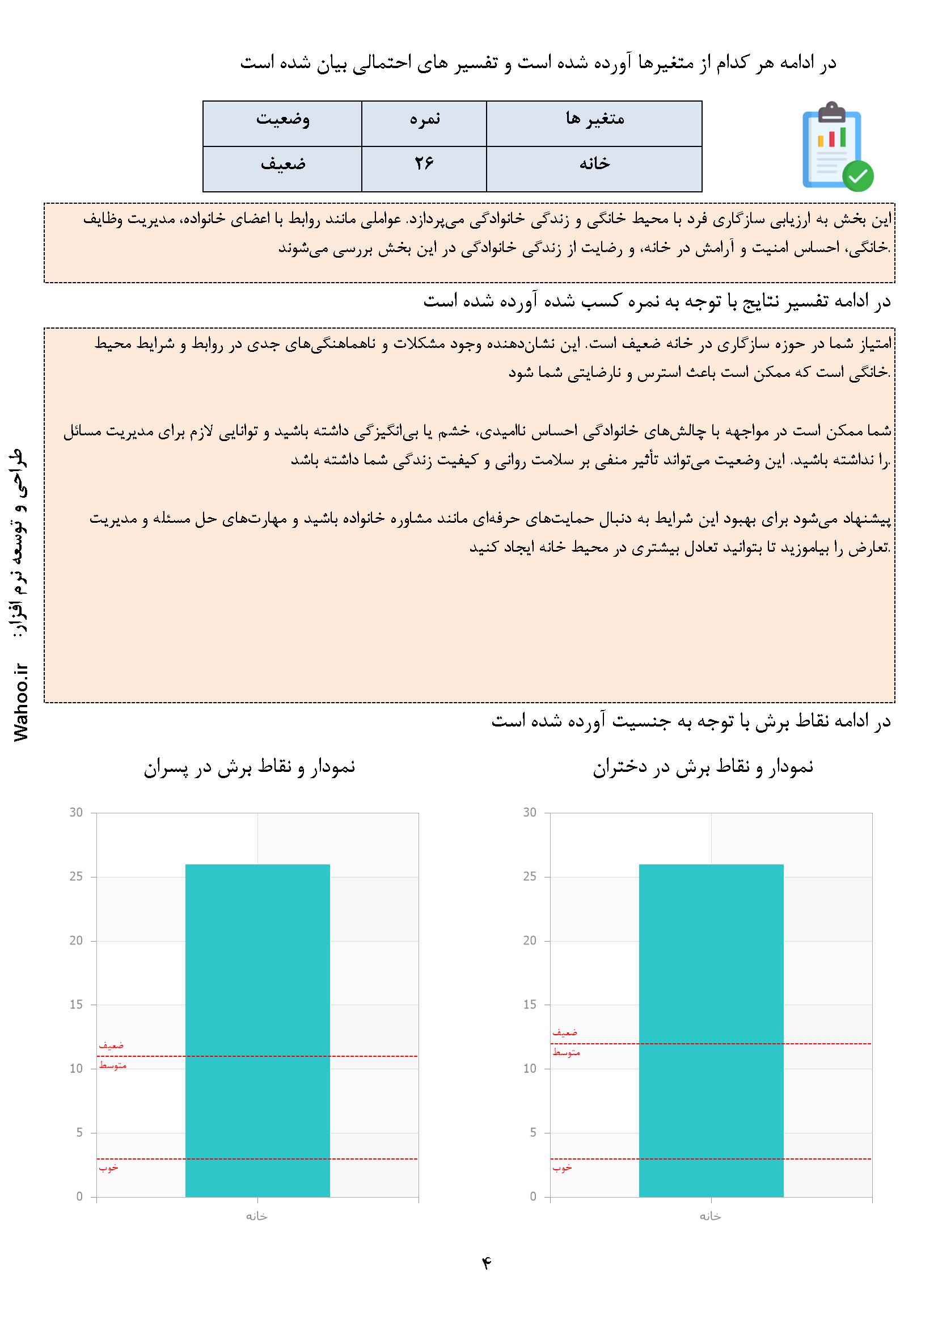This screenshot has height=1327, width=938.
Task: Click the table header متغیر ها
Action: coord(594,119)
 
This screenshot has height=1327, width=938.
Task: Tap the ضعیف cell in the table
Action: coord(282,164)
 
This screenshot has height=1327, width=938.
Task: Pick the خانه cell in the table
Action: coord(594,164)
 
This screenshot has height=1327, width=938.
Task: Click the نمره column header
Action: coord(425,119)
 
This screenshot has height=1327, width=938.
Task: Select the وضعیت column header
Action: coord(282,119)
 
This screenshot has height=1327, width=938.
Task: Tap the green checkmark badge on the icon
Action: coord(857,176)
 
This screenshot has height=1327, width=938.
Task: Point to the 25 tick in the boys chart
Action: coord(76,877)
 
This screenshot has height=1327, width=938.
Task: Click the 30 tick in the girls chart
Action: coord(530,813)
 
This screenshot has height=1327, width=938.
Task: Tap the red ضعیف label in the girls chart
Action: coord(565,1032)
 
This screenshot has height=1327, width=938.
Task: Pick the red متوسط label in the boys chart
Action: coord(113,1066)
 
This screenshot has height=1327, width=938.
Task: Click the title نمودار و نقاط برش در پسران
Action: coord(250,767)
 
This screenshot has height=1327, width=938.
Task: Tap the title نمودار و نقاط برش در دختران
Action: coord(703,767)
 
